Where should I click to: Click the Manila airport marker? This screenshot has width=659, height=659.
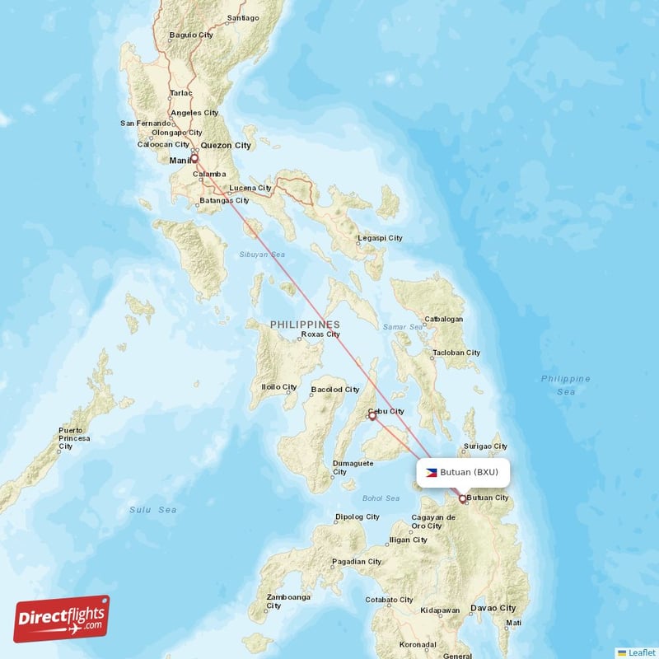(x=195, y=159)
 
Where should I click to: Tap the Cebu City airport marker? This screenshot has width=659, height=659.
(x=372, y=416)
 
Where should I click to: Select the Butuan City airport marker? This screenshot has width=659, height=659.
(x=463, y=498)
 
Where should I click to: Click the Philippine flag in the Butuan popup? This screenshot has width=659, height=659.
(x=431, y=473)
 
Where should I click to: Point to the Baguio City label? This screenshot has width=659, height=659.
(x=191, y=35)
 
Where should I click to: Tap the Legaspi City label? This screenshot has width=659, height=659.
(x=380, y=238)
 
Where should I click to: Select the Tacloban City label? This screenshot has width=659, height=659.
(x=456, y=353)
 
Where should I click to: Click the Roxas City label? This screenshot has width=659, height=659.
(x=320, y=334)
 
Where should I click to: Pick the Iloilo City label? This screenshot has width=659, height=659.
(x=278, y=386)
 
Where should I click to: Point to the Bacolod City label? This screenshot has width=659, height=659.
(x=335, y=389)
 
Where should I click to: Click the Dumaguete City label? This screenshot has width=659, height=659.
(x=353, y=468)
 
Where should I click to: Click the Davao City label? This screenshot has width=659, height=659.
(x=493, y=608)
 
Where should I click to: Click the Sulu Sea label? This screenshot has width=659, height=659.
(x=153, y=510)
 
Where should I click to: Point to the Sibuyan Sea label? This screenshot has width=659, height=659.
(x=262, y=255)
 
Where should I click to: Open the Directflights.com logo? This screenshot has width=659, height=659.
(x=62, y=619)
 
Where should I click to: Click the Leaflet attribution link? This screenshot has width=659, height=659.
(x=641, y=652)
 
